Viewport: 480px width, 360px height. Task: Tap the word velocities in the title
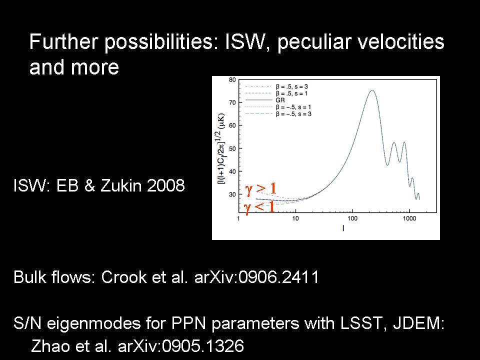[401, 41]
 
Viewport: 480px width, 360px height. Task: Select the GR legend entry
[280, 100]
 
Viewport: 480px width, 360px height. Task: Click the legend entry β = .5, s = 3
[291, 86]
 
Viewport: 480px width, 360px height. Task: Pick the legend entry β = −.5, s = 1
[293, 107]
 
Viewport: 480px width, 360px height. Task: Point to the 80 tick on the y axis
[232, 80]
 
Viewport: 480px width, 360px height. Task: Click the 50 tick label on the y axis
[232, 148]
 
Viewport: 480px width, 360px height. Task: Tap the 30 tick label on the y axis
[232, 194]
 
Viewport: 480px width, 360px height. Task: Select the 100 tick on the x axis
[352, 218]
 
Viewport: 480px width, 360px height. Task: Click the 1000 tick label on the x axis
[409, 218]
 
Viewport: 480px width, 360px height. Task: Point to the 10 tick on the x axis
[295, 218]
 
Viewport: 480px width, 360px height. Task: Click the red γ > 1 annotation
[261, 189]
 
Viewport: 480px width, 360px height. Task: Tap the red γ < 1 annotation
[259, 207]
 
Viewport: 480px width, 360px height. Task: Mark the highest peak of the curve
[372, 90]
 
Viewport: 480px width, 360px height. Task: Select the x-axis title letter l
[343, 228]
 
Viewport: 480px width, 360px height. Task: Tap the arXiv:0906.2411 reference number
[256, 276]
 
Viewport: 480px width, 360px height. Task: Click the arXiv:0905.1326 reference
[181, 346]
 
